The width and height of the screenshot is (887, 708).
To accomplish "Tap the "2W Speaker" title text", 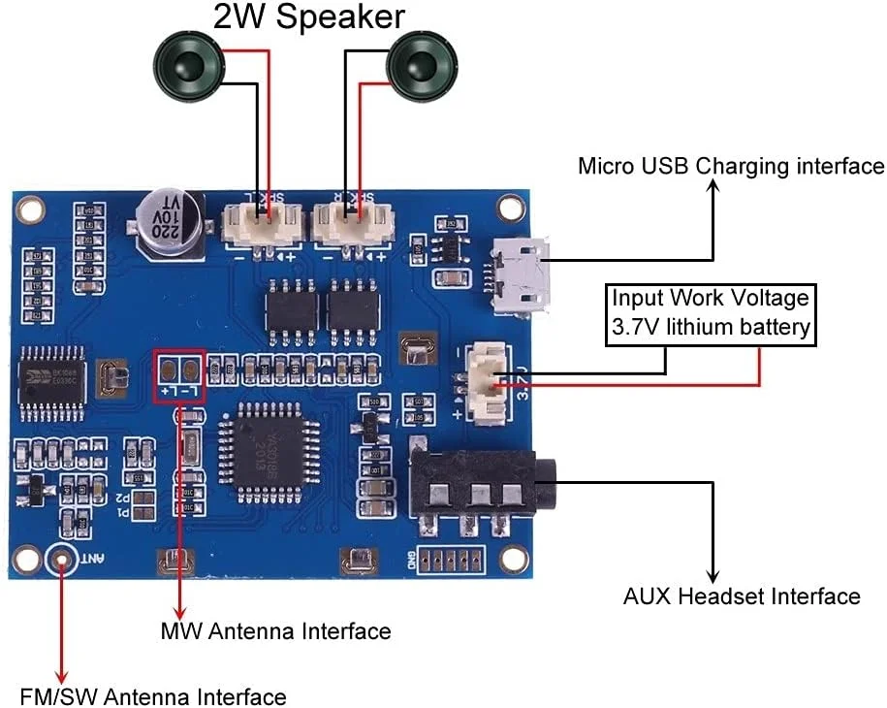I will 308,16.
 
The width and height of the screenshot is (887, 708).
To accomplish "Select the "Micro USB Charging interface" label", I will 730,166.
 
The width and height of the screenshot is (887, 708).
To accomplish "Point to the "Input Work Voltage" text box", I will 710,313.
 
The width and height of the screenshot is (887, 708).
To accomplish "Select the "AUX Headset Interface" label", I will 741,595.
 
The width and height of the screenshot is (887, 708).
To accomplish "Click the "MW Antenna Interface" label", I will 275,631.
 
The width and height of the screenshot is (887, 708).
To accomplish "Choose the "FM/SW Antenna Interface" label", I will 153,696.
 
